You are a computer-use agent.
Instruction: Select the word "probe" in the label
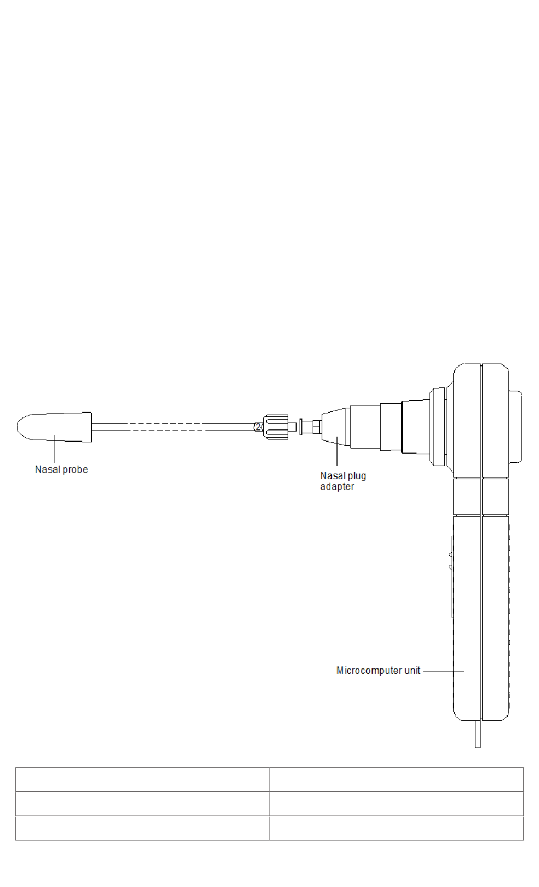(x=75, y=470)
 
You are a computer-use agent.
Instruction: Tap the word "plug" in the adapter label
(x=357, y=476)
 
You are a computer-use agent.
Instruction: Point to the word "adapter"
(x=337, y=487)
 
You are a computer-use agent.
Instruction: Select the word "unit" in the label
(x=412, y=670)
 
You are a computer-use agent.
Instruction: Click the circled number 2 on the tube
(x=258, y=426)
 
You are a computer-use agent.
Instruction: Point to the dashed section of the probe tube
(x=170, y=426)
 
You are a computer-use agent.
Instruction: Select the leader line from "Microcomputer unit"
(x=443, y=670)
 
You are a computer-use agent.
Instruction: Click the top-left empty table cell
(x=142, y=779)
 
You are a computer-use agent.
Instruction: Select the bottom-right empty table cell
(x=396, y=828)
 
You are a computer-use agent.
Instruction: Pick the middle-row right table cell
(x=396, y=804)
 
